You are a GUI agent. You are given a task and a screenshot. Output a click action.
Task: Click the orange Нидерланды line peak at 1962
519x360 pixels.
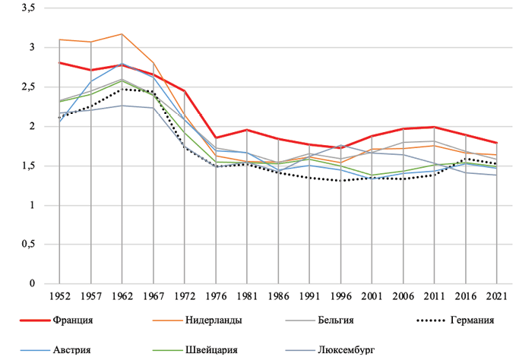click(x=122, y=34)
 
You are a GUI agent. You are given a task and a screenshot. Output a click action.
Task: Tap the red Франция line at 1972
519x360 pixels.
click(x=184, y=91)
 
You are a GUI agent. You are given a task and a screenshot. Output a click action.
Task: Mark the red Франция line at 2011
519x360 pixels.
click(x=434, y=127)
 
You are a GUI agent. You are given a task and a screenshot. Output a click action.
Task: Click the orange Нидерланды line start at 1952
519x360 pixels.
click(x=59, y=39)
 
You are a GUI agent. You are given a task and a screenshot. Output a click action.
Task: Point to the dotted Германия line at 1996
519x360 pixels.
click(x=340, y=181)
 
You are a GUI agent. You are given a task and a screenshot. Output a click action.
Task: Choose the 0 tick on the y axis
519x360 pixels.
click(x=33, y=284)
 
